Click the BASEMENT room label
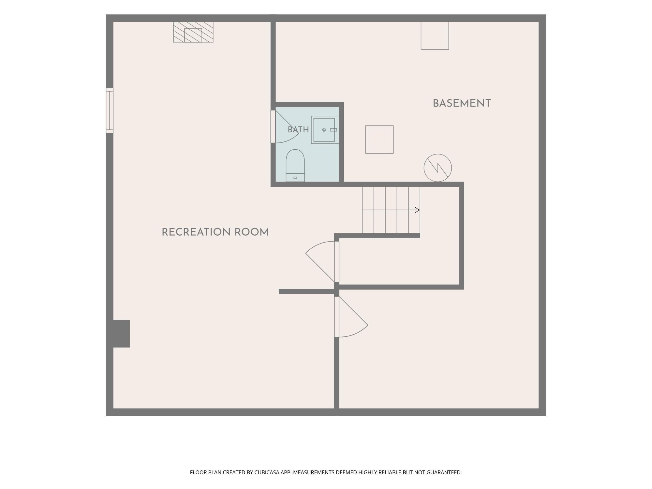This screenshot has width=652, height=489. pyautogui.click(x=462, y=103)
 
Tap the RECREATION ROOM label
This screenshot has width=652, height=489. pyautogui.click(x=215, y=232)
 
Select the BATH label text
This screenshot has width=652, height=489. pyautogui.click(x=298, y=130)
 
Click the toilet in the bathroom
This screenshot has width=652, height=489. pyautogui.click(x=295, y=165)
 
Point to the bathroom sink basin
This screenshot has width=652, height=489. pyautogui.click(x=324, y=130)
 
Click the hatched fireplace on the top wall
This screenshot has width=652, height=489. pyautogui.click(x=193, y=32)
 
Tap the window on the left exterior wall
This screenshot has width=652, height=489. pyautogui.click(x=110, y=110)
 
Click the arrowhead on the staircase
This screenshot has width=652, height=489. pyautogui.click(x=417, y=210)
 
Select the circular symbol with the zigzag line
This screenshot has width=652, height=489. pyautogui.click(x=437, y=168)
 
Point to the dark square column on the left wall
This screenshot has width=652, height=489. pyautogui.click(x=121, y=333)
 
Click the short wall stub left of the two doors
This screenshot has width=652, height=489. pyautogui.click(x=307, y=291)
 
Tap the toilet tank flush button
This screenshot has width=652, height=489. pyautogui.click(x=295, y=178)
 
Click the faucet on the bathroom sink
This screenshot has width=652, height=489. pyautogui.click(x=333, y=130)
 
